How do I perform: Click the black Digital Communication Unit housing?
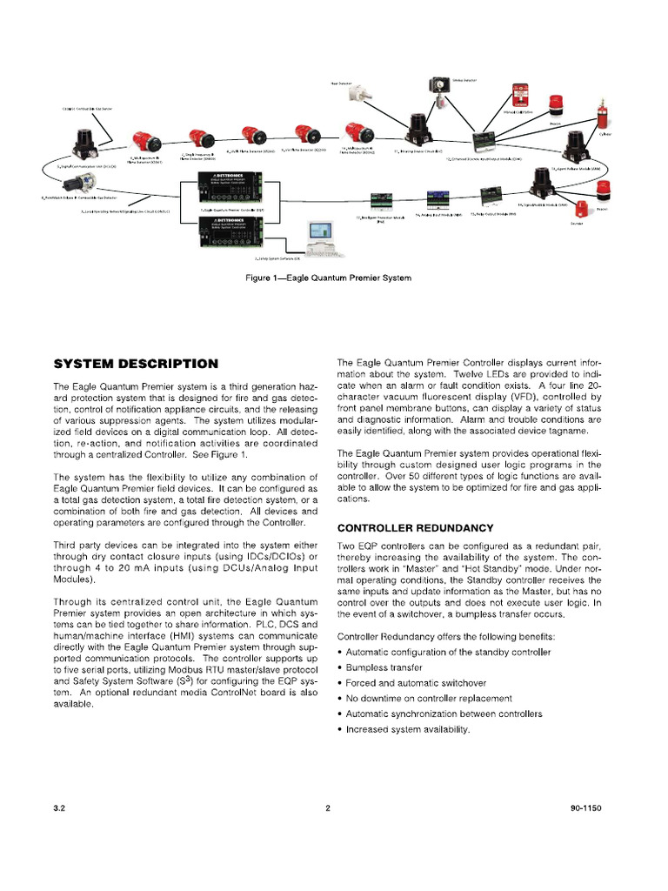click(x=86, y=139)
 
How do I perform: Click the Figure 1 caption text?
click(x=329, y=278)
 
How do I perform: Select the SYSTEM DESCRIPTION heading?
click(x=136, y=363)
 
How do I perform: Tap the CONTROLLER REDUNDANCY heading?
click(x=415, y=527)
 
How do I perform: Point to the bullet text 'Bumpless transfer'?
click(x=384, y=667)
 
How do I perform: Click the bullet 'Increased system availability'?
click(x=407, y=729)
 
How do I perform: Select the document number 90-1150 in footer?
click(x=586, y=807)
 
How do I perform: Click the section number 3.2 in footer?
click(x=60, y=807)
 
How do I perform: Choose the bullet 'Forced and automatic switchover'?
click(x=416, y=683)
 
